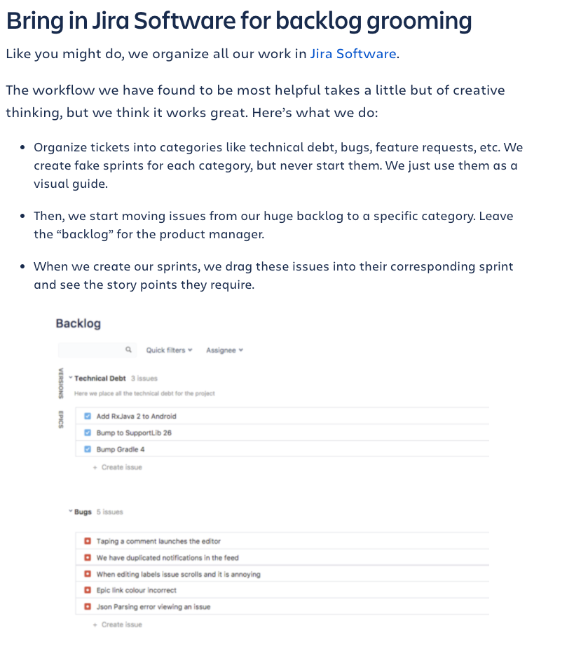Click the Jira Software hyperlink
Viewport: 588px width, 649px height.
point(354,54)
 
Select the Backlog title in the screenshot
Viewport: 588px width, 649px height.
point(78,324)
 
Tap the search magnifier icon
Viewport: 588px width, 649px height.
point(128,350)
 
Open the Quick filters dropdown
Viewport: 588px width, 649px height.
point(169,350)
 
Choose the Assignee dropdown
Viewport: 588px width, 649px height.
point(224,350)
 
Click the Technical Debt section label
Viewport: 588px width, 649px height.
point(100,378)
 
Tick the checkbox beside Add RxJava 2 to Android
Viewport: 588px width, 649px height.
point(88,416)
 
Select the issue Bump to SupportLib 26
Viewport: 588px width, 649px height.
point(134,433)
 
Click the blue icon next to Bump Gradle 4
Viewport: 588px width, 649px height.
point(88,449)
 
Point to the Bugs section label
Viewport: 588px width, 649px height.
point(83,512)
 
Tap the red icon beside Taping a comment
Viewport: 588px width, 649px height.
point(88,541)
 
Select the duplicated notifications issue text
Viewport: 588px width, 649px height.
point(167,558)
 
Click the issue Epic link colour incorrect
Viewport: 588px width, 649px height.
point(137,590)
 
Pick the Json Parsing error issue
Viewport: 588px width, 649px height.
point(153,607)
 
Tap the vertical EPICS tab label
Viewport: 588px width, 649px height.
point(61,420)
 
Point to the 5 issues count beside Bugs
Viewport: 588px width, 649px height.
point(109,512)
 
